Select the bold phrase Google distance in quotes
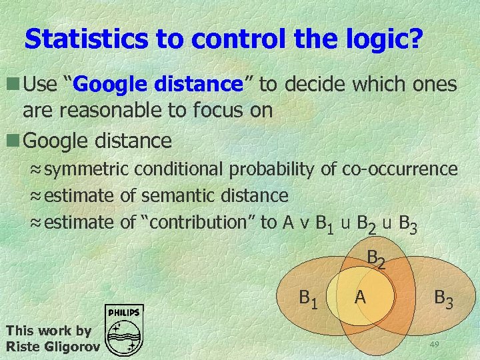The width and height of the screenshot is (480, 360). click(x=157, y=85)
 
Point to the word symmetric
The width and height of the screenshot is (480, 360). click(x=89, y=169)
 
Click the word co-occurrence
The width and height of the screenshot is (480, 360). click(x=399, y=169)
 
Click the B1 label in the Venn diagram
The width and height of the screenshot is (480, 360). click(x=309, y=298)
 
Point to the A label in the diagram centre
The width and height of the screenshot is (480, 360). click(x=360, y=297)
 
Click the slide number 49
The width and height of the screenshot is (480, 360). click(x=434, y=344)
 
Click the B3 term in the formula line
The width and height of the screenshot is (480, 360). click(x=407, y=225)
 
